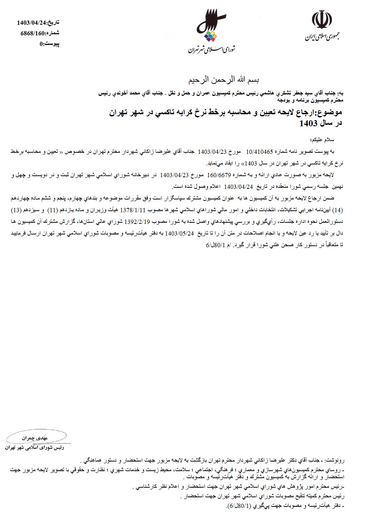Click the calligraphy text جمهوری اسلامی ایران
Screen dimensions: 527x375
pyautogui.click(x=321, y=36)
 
